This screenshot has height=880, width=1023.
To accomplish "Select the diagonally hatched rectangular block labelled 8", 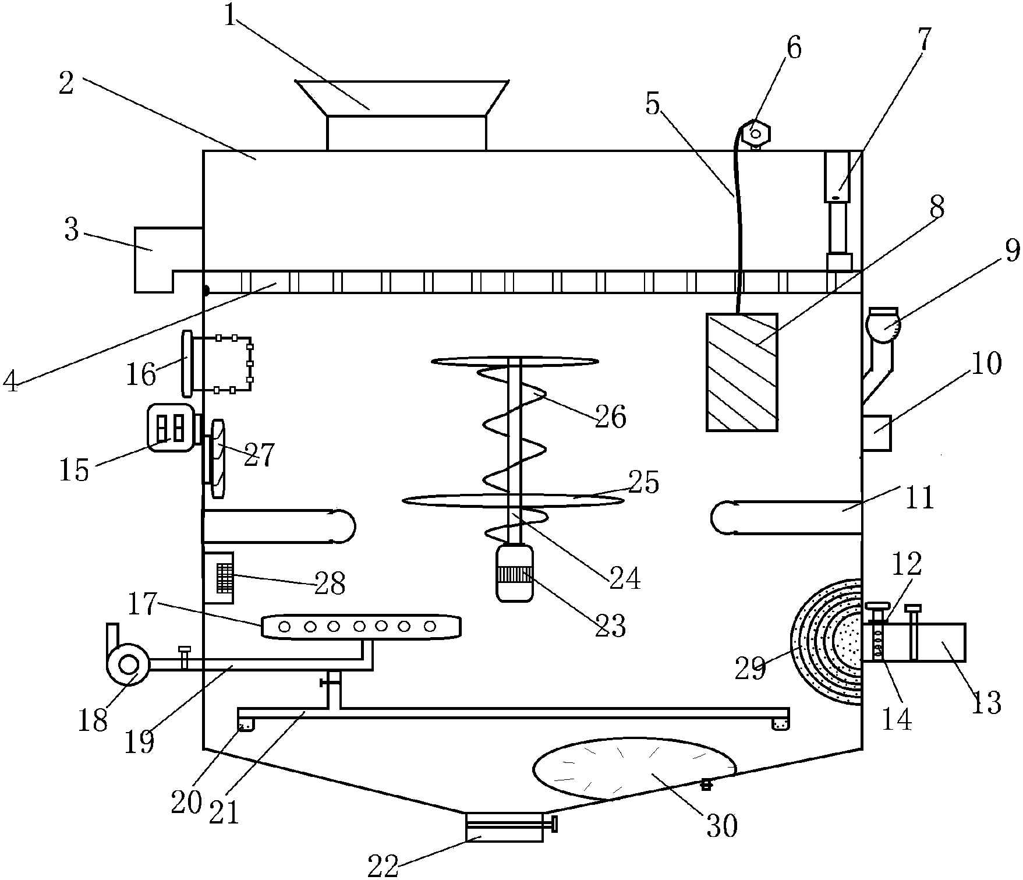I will (742, 372).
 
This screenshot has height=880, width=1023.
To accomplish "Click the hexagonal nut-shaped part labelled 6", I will (755, 133).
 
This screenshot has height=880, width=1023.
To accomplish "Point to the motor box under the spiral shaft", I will (514, 573).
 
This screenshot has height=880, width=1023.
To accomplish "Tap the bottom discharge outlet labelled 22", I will (504, 828).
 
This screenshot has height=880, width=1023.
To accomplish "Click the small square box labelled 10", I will (876, 433).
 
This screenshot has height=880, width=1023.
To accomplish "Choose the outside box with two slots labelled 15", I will (170, 427).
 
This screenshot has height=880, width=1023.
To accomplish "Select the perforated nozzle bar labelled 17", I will (361, 627).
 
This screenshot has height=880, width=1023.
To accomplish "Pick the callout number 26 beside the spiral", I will (610, 417).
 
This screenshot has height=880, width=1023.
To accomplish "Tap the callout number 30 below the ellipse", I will (721, 825).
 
